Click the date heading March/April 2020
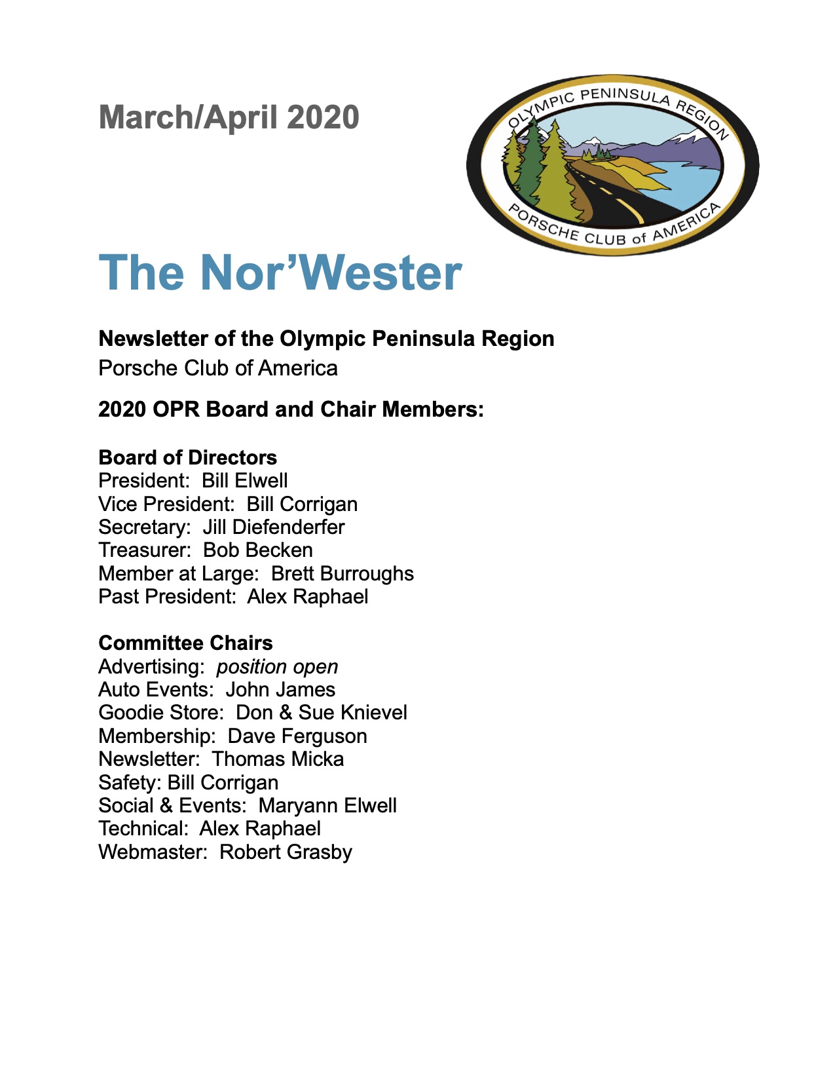pyautogui.click(x=229, y=117)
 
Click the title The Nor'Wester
pyautogui.click(x=280, y=272)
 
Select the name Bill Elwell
pyautogui.click(x=244, y=481)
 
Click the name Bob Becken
pyautogui.click(x=258, y=550)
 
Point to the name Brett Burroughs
pyautogui.click(x=342, y=574)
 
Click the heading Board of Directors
pyautogui.click(x=187, y=457)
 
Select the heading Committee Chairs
pyautogui.click(x=185, y=643)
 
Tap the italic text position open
pyautogui.click(x=277, y=667)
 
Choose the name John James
pyautogui.click(x=280, y=690)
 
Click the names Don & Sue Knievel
pyautogui.click(x=321, y=713)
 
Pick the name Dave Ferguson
pyautogui.click(x=297, y=736)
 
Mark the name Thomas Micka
pyautogui.click(x=278, y=759)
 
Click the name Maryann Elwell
pyautogui.click(x=327, y=806)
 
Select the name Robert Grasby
pyautogui.click(x=286, y=852)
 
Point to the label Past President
pyautogui.click(x=166, y=597)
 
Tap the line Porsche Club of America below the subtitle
pyautogui.click(x=217, y=368)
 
